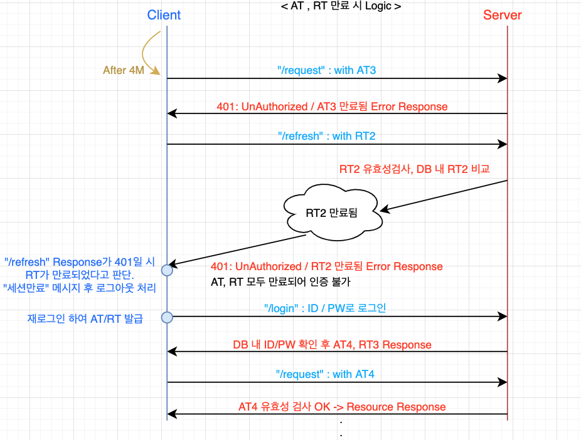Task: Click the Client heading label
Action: (164, 15)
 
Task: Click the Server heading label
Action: (502, 15)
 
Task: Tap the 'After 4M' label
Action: (124, 70)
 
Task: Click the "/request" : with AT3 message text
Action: (326, 70)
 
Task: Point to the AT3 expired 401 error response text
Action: (332, 106)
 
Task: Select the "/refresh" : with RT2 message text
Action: (326, 135)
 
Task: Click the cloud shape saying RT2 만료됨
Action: (331, 213)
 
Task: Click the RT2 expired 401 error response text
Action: (326, 266)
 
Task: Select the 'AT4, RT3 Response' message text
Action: (332, 344)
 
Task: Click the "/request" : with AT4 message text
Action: (325, 374)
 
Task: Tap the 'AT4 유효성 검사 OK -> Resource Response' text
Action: (342, 407)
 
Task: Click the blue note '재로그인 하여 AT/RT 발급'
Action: (85, 319)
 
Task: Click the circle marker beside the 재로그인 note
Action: (167, 317)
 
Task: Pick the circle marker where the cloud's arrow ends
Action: (167, 270)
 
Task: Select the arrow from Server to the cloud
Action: (445, 195)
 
